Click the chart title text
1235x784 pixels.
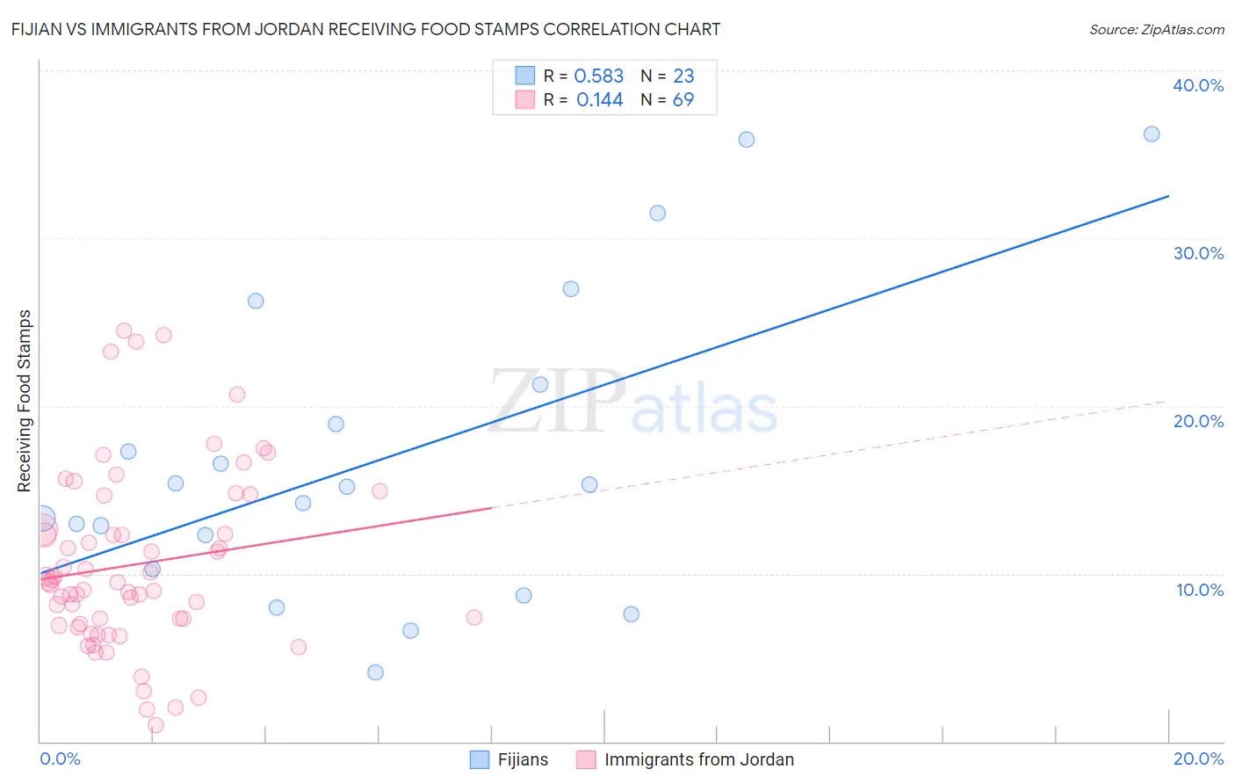click(365, 29)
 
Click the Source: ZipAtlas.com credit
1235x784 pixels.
click(1156, 30)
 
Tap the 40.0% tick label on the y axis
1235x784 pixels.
click(1198, 85)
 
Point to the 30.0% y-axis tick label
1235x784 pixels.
click(1198, 253)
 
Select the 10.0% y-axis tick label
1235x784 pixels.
click(1198, 590)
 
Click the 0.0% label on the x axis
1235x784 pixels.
click(60, 759)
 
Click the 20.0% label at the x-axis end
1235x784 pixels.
click(1198, 759)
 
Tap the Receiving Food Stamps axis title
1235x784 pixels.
click(25, 401)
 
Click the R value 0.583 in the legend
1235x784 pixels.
click(598, 76)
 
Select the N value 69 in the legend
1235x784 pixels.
click(683, 100)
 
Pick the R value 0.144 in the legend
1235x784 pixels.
click(599, 100)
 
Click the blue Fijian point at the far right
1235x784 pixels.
click(1152, 134)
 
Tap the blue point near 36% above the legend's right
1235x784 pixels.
click(747, 140)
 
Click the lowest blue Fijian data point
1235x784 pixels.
click(375, 672)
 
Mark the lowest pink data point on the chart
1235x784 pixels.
click(155, 725)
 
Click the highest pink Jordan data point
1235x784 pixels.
click(124, 331)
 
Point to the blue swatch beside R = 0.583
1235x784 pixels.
click(525, 76)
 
